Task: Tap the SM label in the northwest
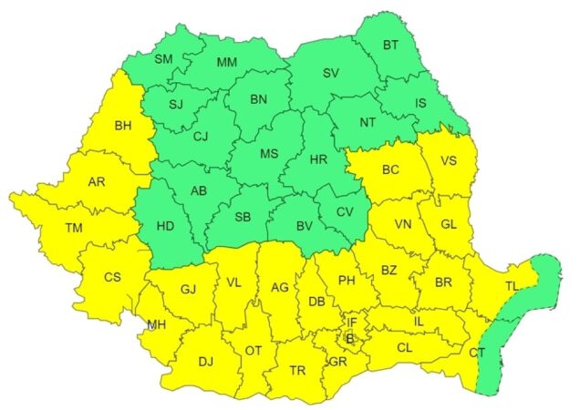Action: pyautogui.click(x=163, y=59)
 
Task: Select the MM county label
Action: pyautogui.click(x=227, y=62)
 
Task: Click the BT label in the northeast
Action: pyautogui.click(x=390, y=45)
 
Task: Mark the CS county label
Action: pyautogui.click(x=113, y=276)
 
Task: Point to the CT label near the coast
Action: pyautogui.click(x=477, y=351)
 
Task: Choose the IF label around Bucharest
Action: pyautogui.click(x=352, y=321)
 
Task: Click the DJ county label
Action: pyautogui.click(x=205, y=362)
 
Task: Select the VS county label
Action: pyautogui.click(x=448, y=162)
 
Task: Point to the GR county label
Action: pyautogui.click(x=337, y=362)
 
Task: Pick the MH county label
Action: pyautogui.click(x=157, y=324)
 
